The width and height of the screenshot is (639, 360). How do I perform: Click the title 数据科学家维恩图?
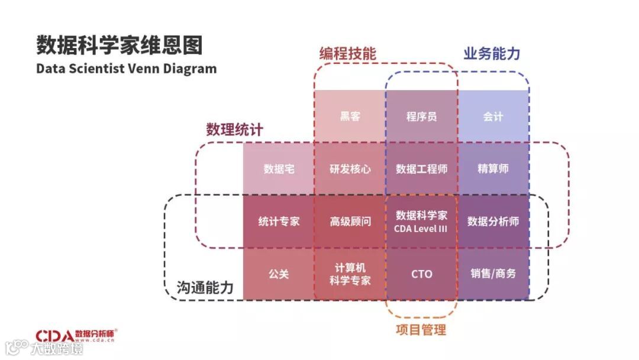click(119, 45)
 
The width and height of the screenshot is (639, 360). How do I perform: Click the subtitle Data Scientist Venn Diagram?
click(126, 68)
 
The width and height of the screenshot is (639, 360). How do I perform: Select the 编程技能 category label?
click(347, 53)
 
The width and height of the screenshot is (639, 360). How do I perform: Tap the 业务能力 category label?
click(492, 53)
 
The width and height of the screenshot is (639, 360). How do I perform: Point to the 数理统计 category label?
click(234, 130)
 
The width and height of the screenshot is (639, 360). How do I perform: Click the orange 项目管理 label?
click(421, 329)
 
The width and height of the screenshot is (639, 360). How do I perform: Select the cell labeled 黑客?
click(350, 117)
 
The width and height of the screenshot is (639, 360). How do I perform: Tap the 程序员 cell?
click(421, 117)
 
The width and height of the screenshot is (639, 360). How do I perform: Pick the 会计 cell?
click(493, 117)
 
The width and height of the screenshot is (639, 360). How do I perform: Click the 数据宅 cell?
click(279, 169)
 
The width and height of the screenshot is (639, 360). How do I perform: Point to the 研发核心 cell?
click(350, 169)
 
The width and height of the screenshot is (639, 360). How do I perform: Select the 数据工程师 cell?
click(421, 169)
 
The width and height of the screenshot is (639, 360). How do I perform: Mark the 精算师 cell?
click(493, 169)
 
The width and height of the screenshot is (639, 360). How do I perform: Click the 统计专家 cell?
click(279, 221)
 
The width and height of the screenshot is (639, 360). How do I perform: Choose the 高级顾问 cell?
click(350, 221)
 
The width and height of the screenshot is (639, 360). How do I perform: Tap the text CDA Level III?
click(421, 229)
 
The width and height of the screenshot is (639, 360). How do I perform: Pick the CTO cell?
click(421, 274)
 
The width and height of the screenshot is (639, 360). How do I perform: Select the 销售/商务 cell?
click(493, 274)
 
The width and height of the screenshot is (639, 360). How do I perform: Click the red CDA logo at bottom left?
click(54, 336)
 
